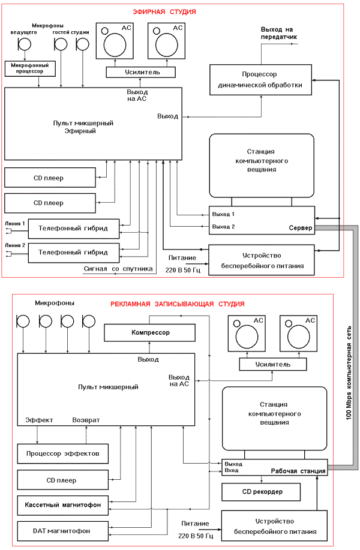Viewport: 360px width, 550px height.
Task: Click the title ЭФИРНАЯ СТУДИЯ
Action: [164, 12]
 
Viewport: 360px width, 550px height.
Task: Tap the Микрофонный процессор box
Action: [30, 68]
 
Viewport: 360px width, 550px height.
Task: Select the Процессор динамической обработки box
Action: [260, 80]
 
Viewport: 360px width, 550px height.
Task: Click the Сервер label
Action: [301, 228]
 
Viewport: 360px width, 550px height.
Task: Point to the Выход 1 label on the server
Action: [223, 214]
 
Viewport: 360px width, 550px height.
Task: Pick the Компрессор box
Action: [150, 332]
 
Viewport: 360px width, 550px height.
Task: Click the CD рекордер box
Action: [261, 492]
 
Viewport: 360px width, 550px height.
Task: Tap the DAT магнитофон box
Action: [63, 531]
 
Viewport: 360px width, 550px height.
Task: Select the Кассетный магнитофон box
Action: [63, 505]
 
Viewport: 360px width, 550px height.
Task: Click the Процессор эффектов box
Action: [63, 453]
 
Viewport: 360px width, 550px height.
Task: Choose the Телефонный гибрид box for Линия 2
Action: [74, 253]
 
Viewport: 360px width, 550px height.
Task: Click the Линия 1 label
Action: [15, 223]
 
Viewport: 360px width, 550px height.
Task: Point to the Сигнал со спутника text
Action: [118, 269]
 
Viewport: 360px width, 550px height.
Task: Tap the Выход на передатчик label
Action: [278, 33]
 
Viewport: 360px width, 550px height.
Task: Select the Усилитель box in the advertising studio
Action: [272, 365]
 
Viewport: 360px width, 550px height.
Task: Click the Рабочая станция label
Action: [298, 471]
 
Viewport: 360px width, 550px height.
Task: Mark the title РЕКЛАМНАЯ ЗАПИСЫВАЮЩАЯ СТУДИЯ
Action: [178, 304]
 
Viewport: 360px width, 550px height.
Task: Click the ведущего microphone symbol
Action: [25, 44]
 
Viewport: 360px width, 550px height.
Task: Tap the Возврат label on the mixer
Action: [86, 420]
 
